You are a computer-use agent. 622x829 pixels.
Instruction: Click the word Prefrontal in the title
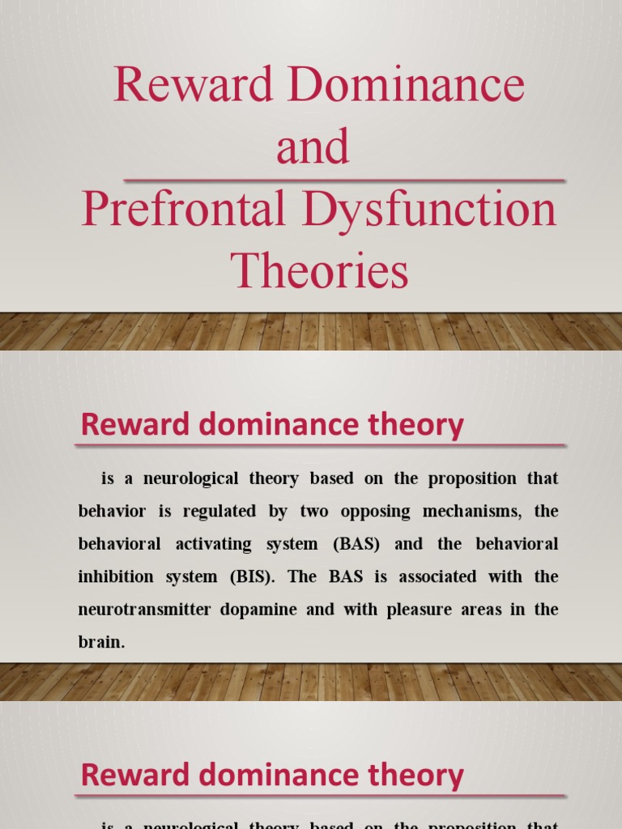183,210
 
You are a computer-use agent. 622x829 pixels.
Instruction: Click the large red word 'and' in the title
313,147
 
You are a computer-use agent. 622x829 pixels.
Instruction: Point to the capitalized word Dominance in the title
398,86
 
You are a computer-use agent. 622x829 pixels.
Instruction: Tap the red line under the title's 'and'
343,180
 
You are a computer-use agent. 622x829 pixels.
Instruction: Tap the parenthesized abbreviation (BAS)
356,544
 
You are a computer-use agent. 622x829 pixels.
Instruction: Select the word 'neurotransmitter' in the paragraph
139,609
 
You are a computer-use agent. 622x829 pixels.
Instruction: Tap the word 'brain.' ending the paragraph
102,641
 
